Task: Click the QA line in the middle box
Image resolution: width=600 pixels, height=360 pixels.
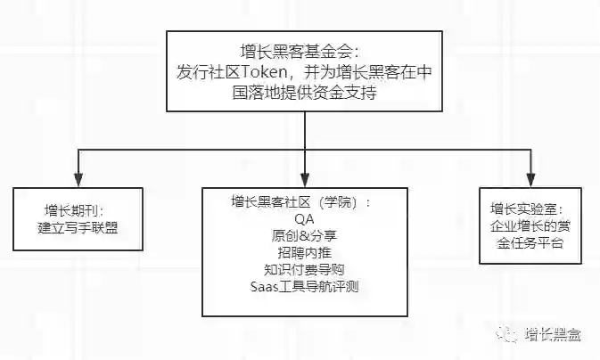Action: (x=304, y=218)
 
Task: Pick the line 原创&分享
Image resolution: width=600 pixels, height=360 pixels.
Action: (x=304, y=235)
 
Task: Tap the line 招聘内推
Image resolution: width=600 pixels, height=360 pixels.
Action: (x=304, y=252)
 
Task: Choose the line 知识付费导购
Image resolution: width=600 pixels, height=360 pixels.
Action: (x=304, y=269)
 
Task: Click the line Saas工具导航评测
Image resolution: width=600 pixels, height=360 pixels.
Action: (x=304, y=286)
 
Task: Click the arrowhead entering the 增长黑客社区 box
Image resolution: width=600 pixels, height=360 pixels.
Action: (x=305, y=181)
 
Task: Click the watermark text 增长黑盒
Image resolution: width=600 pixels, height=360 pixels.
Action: (x=553, y=335)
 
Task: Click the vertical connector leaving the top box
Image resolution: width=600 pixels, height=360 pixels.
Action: (x=305, y=128)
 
